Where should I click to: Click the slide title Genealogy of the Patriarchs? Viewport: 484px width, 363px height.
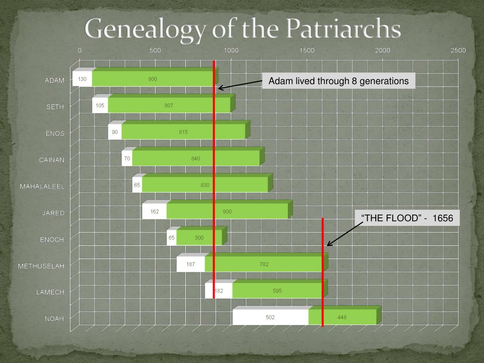(x=243, y=29)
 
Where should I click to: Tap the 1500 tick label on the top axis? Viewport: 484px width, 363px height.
(x=307, y=51)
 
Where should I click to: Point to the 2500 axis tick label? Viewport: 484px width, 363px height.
(x=458, y=51)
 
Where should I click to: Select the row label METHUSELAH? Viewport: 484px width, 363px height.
(x=41, y=266)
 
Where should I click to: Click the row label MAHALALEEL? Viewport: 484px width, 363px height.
(x=42, y=186)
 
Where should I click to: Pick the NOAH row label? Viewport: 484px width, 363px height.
(x=54, y=319)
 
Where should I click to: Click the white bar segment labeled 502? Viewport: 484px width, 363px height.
(x=270, y=318)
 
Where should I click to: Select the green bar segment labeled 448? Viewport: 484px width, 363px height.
(x=342, y=318)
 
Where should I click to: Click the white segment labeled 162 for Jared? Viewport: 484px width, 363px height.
(x=155, y=212)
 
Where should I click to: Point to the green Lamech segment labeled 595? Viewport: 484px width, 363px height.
(x=277, y=291)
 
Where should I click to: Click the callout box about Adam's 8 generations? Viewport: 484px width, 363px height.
(x=338, y=81)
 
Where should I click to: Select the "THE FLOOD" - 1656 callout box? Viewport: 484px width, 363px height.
(x=407, y=218)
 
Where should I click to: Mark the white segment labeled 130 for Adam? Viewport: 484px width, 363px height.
(x=82, y=79)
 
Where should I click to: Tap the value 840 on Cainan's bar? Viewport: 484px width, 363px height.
(x=196, y=159)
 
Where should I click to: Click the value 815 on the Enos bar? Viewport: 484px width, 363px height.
(x=183, y=132)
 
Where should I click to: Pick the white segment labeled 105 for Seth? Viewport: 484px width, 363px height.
(x=100, y=105)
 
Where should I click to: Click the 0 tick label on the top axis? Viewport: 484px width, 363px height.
(x=80, y=51)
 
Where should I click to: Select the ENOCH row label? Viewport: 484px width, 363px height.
(x=52, y=240)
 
